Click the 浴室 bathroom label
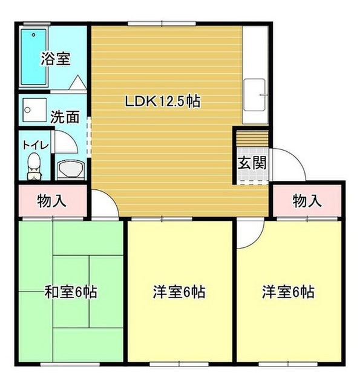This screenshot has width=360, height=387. click(x=56, y=59)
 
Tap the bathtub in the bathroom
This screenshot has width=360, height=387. click(x=34, y=57)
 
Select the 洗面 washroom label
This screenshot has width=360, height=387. click(x=65, y=117)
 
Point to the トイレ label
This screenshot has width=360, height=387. click(x=36, y=145)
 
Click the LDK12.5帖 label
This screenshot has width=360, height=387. click(x=163, y=101)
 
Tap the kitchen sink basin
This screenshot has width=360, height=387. click(x=255, y=95)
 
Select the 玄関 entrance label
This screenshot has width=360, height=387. click(x=252, y=163)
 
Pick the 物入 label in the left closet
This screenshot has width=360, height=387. click(x=51, y=201)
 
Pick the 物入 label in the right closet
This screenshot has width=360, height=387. click(x=307, y=201)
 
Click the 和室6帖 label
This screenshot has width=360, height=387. click(x=71, y=291)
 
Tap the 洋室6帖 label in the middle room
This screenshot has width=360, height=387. click(x=179, y=291)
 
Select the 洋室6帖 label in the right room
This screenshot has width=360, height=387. click(x=289, y=291)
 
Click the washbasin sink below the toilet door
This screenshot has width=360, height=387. click(x=71, y=170)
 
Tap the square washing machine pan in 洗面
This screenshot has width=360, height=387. click(x=34, y=110)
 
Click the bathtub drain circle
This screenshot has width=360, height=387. click(x=34, y=35)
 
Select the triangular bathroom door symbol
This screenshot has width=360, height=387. click(x=78, y=82)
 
